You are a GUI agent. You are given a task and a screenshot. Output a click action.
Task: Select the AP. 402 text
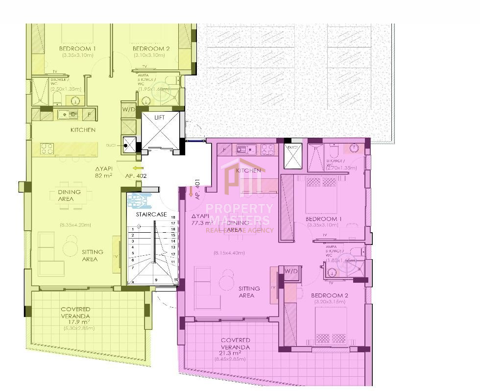[136, 175]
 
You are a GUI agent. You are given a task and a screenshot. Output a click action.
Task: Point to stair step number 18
[172, 217]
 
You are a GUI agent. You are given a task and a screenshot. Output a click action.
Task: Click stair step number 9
[157, 280]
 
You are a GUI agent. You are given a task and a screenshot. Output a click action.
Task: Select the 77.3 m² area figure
[201, 223]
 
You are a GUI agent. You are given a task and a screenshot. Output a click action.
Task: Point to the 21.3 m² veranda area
[231, 353]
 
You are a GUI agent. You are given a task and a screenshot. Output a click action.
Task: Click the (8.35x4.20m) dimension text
[75, 225]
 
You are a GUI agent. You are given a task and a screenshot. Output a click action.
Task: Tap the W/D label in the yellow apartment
[129, 109]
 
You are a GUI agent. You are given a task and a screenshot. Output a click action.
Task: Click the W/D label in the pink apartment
[291, 271]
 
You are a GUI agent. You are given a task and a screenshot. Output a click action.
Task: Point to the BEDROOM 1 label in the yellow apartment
[77, 49]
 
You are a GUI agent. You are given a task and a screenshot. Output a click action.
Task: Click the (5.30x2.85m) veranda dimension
[75, 328]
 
